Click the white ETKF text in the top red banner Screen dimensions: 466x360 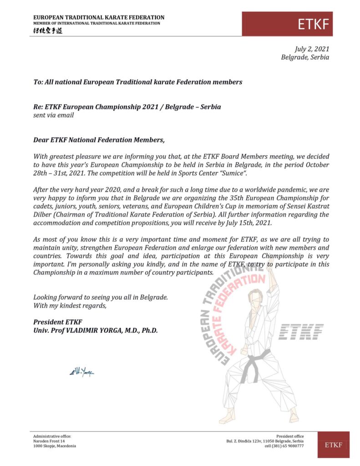click(313, 24)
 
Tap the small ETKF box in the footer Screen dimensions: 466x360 click(333, 445)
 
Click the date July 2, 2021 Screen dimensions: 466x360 click(312, 49)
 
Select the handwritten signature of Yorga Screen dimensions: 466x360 click(82, 372)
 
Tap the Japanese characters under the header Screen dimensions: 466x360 click(49, 30)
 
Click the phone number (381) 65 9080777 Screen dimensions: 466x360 click(284, 446)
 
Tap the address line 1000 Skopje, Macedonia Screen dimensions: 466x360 click(55, 446)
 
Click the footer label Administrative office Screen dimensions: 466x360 click(52, 436)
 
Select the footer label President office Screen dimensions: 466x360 click(290, 436)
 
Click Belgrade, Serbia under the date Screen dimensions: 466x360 click(305, 57)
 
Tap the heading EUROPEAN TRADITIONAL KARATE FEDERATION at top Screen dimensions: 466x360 click(99, 17)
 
